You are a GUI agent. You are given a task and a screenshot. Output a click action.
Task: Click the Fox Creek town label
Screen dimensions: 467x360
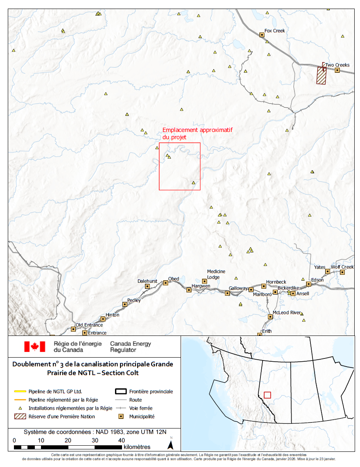coord(274,31)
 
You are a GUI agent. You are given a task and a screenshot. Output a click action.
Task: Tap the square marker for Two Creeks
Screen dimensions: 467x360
coord(337,70)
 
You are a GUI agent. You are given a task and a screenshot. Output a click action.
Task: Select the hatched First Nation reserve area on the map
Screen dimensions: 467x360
coord(322,76)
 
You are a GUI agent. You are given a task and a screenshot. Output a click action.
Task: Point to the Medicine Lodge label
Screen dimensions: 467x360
coord(216,274)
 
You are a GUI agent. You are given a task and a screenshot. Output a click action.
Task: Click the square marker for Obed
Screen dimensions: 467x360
coord(165,283)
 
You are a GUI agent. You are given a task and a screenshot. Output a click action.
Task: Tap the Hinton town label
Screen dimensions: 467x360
coord(112,315)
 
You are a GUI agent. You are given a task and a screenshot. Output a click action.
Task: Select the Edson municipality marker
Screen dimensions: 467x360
coord(309,284)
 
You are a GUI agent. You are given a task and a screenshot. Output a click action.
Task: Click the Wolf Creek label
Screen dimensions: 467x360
coord(342,267)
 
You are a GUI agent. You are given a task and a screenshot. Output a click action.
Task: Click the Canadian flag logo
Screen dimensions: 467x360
coord(34,347)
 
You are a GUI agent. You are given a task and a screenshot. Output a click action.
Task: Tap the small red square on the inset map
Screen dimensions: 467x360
coord(267,395)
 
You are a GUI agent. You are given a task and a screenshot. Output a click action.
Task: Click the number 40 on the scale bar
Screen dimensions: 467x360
coord(121,440)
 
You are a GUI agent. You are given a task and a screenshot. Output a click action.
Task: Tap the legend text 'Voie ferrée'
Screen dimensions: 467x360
coord(141,408)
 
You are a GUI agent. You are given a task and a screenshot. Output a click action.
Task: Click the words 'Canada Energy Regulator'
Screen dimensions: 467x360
coord(130,347)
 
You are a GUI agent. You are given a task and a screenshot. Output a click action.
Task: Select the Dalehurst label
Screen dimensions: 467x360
coord(147,281)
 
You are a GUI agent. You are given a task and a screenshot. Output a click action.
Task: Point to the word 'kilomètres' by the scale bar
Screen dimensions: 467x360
coord(136,447)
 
